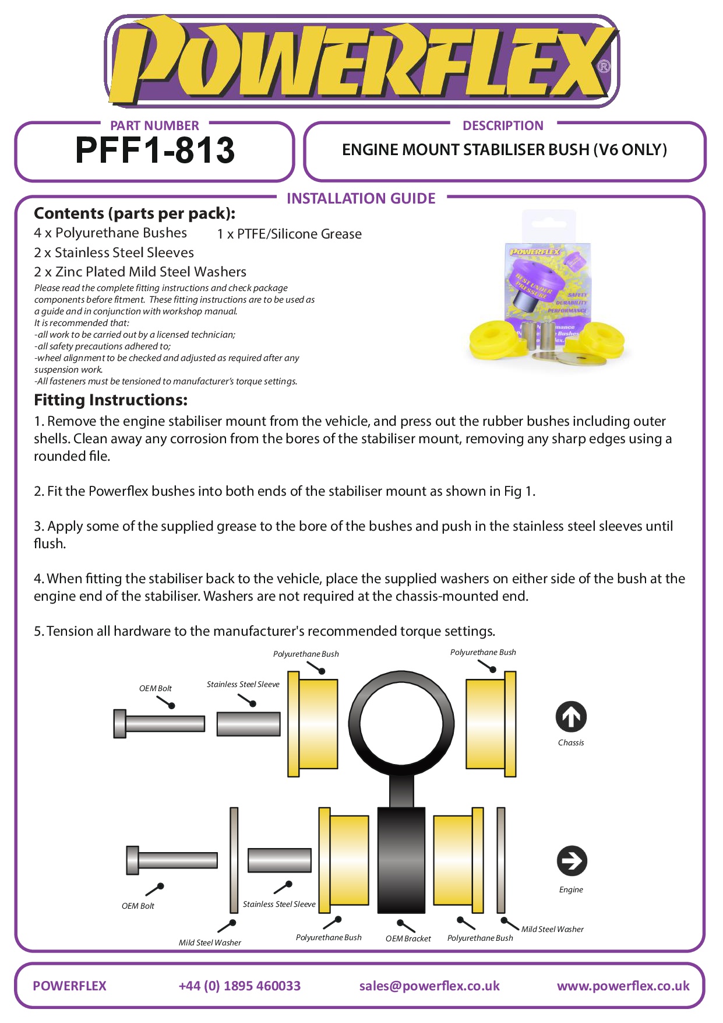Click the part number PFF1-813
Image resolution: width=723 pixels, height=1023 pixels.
click(x=155, y=150)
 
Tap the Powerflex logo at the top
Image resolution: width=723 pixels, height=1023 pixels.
click(x=361, y=61)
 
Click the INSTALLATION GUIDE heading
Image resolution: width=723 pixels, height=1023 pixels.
click(x=361, y=199)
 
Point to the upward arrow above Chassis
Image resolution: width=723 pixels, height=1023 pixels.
click(x=571, y=717)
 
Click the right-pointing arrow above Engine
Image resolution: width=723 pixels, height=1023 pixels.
click(x=572, y=861)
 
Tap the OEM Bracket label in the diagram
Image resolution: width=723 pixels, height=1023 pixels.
click(x=408, y=938)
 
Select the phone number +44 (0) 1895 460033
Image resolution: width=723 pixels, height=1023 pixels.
click(x=239, y=986)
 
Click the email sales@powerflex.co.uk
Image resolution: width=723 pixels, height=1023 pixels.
click(x=429, y=986)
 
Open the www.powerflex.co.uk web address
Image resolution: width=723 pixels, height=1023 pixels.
click(x=623, y=986)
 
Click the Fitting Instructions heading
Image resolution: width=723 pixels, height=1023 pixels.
click(x=111, y=400)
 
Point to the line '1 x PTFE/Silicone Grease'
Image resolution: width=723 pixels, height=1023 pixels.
click(x=289, y=234)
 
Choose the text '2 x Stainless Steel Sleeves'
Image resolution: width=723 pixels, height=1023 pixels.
click(x=114, y=253)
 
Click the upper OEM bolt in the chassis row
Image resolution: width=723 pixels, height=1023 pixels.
click(x=160, y=724)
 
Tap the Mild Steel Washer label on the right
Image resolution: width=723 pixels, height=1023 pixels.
click(x=552, y=929)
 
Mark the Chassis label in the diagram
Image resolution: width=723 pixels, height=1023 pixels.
click(x=571, y=742)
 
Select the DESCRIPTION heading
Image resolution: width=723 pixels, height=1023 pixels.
click(x=503, y=126)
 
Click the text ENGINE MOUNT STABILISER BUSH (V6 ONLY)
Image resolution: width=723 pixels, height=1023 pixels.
click(x=505, y=150)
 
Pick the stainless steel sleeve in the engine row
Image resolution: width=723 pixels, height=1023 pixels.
click(x=280, y=860)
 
